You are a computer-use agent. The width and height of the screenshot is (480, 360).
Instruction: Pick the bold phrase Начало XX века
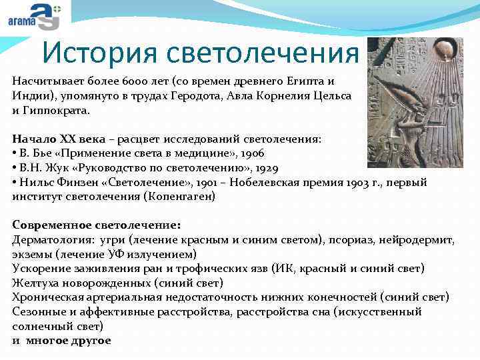click(54, 139)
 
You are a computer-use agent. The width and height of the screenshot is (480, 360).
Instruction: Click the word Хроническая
click(47, 297)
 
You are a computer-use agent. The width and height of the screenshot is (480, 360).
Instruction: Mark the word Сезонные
click(38, 312)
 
